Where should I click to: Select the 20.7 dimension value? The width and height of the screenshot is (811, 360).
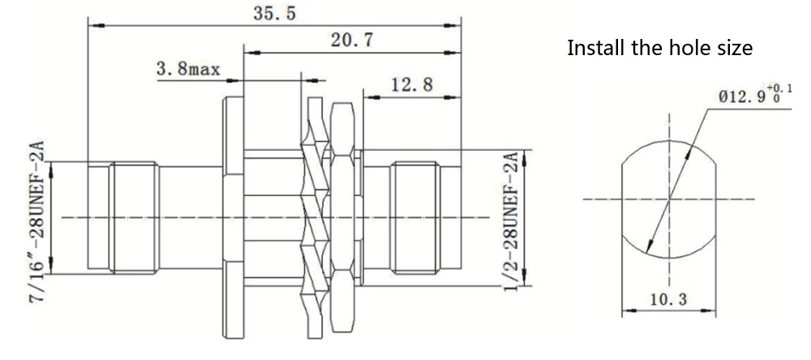click(351, 41)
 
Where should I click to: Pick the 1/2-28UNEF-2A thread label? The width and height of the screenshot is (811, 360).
click(511, 219)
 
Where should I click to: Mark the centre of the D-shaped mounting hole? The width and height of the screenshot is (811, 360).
click(669, 198)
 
